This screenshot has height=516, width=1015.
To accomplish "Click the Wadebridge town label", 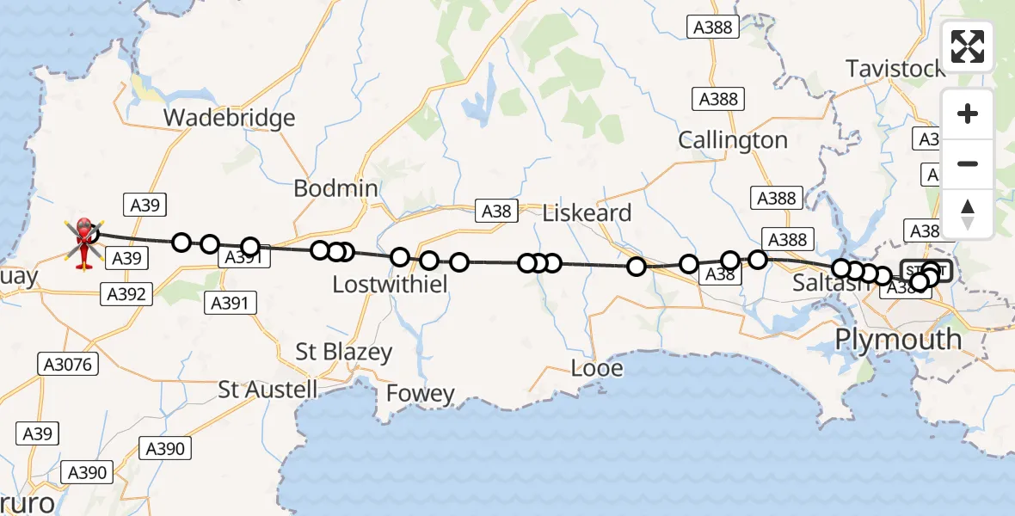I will (230, 118).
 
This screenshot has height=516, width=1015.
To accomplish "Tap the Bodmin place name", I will (335, 188).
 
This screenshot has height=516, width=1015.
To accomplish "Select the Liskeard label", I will (587, 213).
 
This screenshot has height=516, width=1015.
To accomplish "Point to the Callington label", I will (733, 140).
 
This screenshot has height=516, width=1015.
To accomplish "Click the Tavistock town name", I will (895, 68).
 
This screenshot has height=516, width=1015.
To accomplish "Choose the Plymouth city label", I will (898, 339).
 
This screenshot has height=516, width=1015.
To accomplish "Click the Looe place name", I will (596, 369).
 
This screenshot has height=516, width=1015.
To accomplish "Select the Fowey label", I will (420, 394).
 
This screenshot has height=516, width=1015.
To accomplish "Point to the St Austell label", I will (268, 389).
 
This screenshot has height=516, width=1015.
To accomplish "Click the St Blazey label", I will (343, 352).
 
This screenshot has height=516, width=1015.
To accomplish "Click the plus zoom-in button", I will (968, 114).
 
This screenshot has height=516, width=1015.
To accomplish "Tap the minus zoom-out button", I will (968, 163).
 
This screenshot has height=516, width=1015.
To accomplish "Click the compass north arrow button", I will (968, 213).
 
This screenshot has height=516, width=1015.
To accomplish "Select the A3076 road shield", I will (68, 365).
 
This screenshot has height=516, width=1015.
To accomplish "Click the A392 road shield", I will (126, 295).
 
